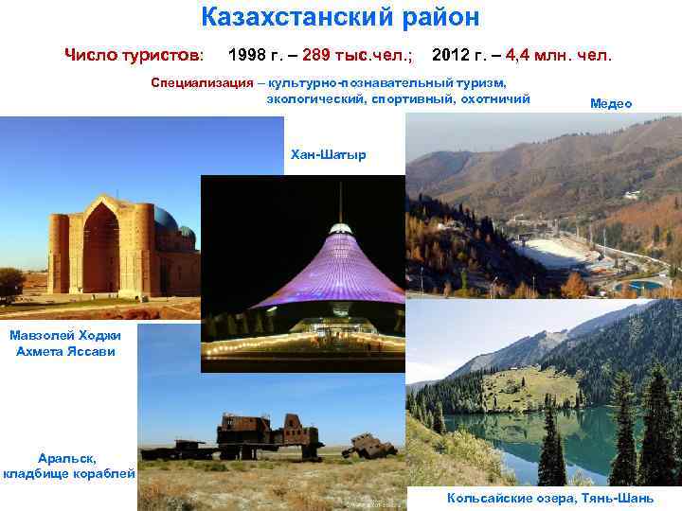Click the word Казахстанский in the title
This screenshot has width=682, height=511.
[290, 17]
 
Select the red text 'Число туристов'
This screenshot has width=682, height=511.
[133, 55]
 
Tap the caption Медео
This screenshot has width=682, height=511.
[610, 104]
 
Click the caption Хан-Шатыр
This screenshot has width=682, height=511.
[328, 154]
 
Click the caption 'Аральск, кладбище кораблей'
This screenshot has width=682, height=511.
[67, 465]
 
